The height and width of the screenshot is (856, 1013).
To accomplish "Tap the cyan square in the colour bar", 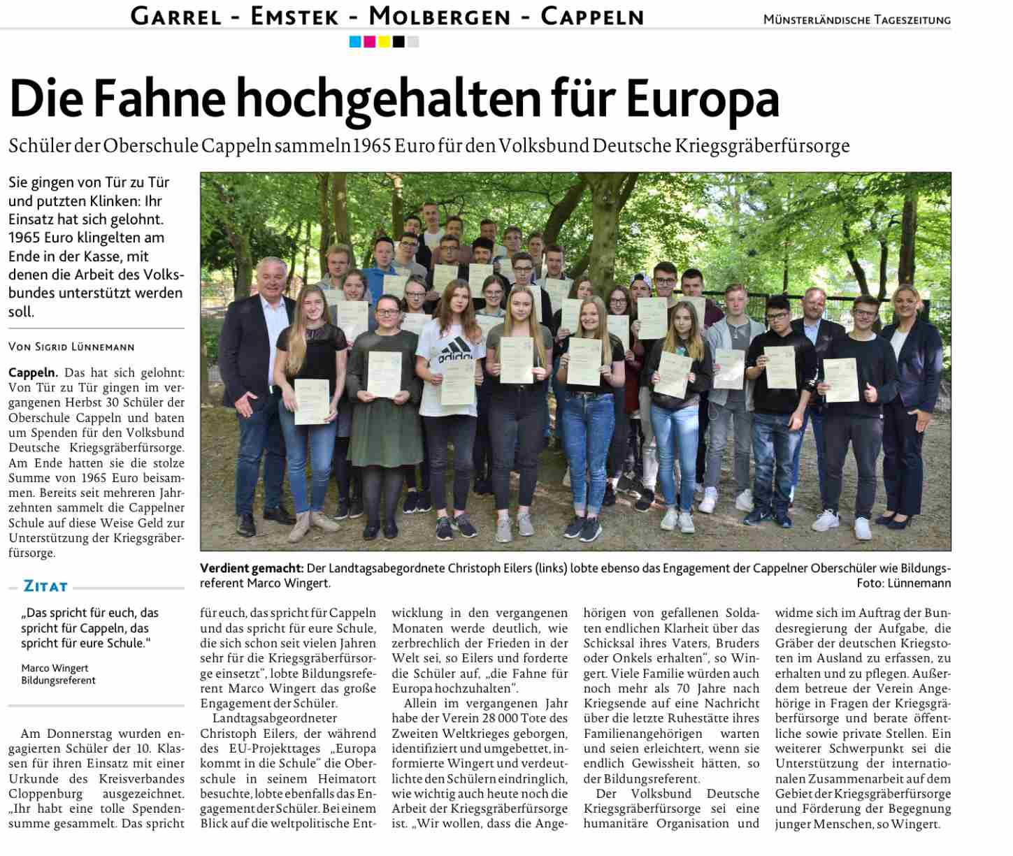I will coord(355,42).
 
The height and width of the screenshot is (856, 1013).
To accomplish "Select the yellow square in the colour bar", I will coord(384,42).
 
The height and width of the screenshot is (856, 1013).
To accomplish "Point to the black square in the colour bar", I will coord(398,42).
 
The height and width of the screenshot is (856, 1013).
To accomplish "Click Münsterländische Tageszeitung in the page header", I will coord(856,20).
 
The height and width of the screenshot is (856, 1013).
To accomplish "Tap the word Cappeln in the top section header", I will coord(592,16).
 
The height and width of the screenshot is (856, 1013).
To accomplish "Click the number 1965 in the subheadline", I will coord(372,145).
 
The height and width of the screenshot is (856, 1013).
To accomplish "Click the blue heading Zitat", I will coord(45,586).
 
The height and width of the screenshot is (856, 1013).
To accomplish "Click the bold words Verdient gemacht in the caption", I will coord(252,568).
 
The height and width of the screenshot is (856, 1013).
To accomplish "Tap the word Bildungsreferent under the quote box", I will coord(58,681).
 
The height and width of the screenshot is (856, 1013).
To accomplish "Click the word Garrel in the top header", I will coord(176,16).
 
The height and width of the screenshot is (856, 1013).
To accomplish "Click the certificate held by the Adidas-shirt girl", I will coord(459,381).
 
